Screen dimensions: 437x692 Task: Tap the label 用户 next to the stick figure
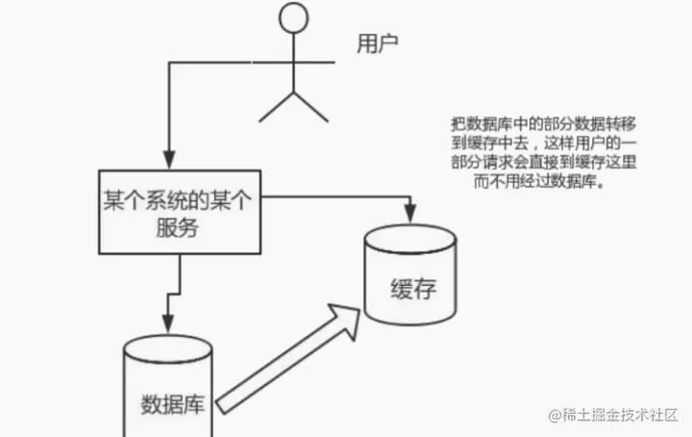377,43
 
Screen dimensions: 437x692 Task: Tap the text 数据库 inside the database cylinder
171,400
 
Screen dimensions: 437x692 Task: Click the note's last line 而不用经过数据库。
524,181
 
